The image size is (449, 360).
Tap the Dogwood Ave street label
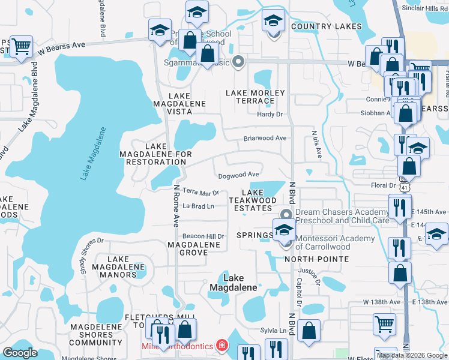(238, 175)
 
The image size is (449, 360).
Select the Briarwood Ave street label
(265, 138)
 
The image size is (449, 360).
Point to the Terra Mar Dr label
(201, 193)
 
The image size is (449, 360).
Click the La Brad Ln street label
(198, 206)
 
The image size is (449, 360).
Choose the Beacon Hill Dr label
(203, 236)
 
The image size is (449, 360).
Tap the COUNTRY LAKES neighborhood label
(327, 26)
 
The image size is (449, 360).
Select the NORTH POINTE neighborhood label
(316, 259)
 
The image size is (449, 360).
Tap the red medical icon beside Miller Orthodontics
(222, 346)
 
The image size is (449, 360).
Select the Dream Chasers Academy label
(342, 216)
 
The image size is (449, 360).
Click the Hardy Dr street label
(270, 114)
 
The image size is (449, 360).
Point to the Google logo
(20, 353)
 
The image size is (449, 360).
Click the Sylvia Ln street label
(274, 331)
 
